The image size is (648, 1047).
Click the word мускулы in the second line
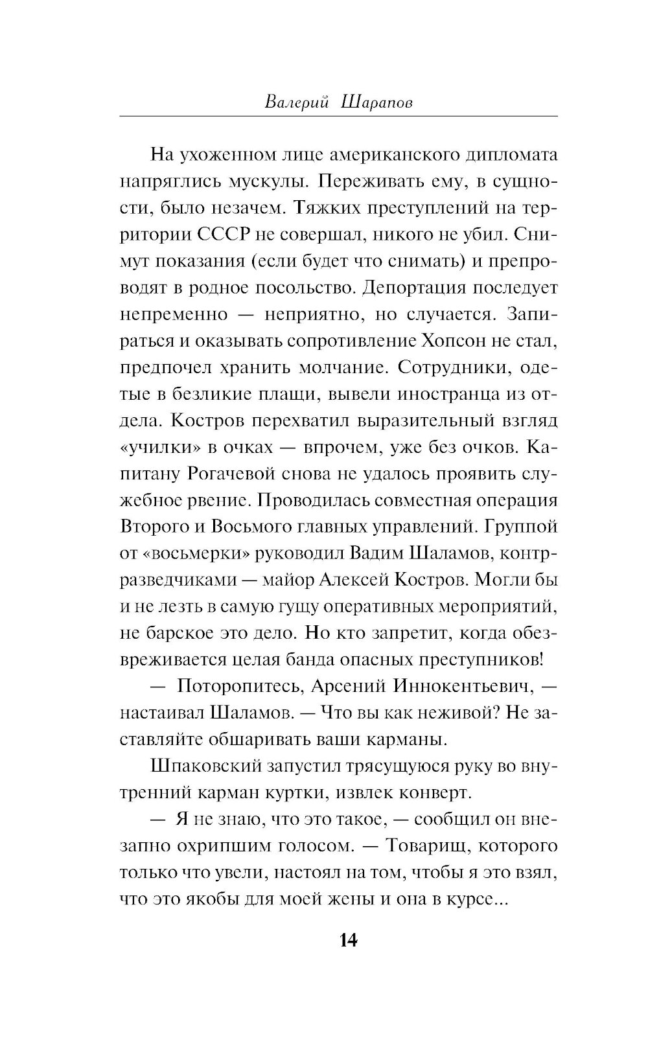271,181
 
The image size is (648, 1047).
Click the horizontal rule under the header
338,117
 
